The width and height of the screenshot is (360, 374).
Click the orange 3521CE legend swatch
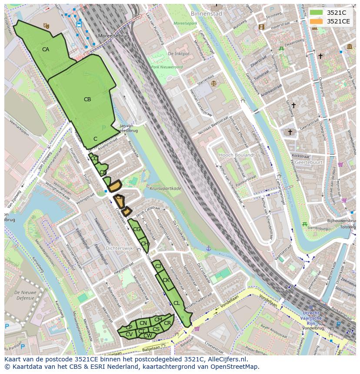pos(316,21)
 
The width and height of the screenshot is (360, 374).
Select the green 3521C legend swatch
pos(316,12)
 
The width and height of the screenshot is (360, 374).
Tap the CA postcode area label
pos(46,50)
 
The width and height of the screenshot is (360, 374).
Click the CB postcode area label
pos(87,99)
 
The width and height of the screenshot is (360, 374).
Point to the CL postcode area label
pos(177,303)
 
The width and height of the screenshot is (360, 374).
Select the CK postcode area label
pos(166,280)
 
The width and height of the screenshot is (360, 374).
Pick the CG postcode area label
pos(137,229)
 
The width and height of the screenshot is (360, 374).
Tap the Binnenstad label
pos(206,13)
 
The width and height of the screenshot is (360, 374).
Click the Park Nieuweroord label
pos(167,67)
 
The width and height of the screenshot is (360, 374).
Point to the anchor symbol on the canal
pos(208,248)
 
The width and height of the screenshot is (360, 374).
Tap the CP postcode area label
pos(129,328)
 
